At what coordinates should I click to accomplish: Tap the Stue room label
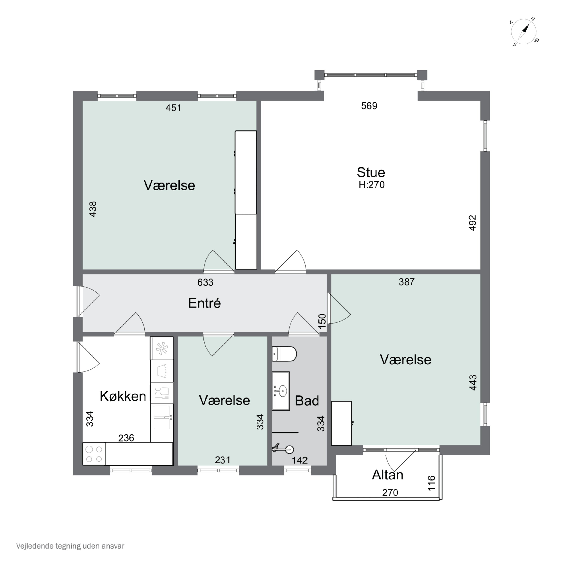pos(371,172)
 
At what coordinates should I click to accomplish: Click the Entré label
pos(204,303)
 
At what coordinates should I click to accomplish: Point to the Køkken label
pos(123,396)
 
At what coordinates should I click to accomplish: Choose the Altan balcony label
pos(388,475)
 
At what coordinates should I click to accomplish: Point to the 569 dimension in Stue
pos(369,106)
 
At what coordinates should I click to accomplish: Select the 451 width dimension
pos(173,108)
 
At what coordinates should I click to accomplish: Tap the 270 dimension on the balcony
pos(390,492)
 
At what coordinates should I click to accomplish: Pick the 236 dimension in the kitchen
pos(126,438)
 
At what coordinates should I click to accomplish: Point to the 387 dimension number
pos(406,282)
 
